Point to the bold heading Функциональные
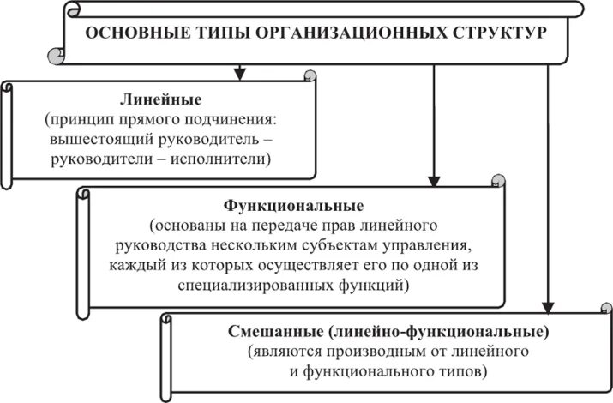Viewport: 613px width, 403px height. click(293, 207)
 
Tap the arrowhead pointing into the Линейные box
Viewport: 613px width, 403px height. click(241, 71)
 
